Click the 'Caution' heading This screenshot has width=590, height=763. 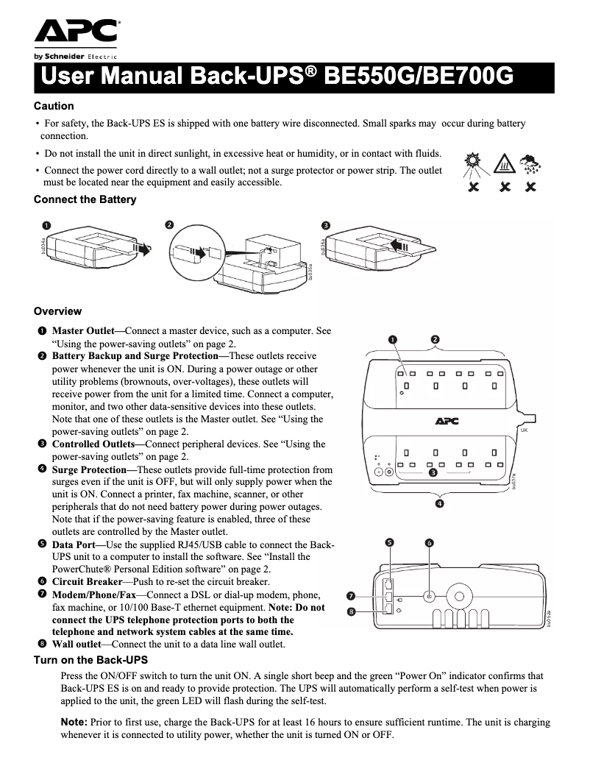tap(54, 106)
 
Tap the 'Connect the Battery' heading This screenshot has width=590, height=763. tap(85, 199)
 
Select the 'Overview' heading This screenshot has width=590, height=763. tap(57, 311)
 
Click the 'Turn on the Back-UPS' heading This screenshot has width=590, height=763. tap(90, 660)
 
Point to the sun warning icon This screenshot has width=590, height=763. tap(472, 163)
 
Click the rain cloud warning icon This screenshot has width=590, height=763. tap(528, 165)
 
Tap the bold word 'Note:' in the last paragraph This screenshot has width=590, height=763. tap(73, 723)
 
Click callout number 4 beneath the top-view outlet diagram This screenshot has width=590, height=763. tap(439, 503)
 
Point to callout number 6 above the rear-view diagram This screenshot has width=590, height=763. tap(430, 543)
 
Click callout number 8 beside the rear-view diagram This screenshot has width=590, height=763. tap(352, 611)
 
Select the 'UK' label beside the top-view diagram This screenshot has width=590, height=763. tap(525, 428)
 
